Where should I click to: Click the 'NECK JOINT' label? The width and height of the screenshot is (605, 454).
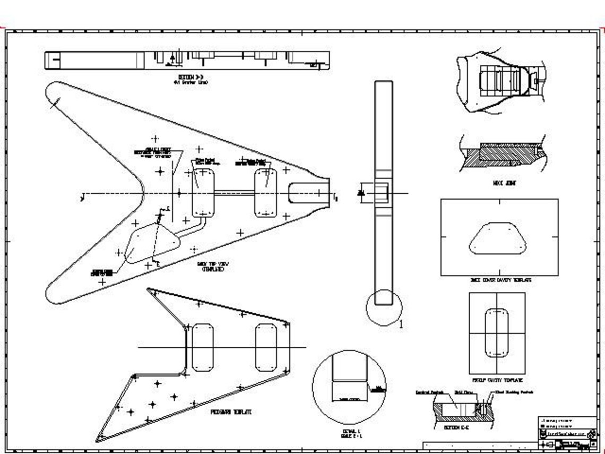coord(504,183)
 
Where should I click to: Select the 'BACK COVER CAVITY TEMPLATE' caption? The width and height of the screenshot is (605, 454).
coord(500,280)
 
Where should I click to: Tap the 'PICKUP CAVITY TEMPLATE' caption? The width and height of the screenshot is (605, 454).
coord(497,380)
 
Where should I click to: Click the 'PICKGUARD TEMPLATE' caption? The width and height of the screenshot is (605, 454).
coord(231,412)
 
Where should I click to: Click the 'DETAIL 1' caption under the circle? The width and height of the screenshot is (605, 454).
coord(351,433)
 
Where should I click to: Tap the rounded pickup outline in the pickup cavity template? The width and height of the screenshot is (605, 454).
coord(497,332)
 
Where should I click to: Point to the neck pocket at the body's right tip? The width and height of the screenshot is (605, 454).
coord(306,192)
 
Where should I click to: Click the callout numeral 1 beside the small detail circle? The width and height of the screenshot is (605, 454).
coord(402,323)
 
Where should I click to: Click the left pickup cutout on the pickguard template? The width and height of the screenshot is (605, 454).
coord(203,348)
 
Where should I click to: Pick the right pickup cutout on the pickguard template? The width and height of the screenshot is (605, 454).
coord(266,348)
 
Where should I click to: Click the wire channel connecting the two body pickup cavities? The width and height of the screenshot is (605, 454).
coord(234,193)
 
